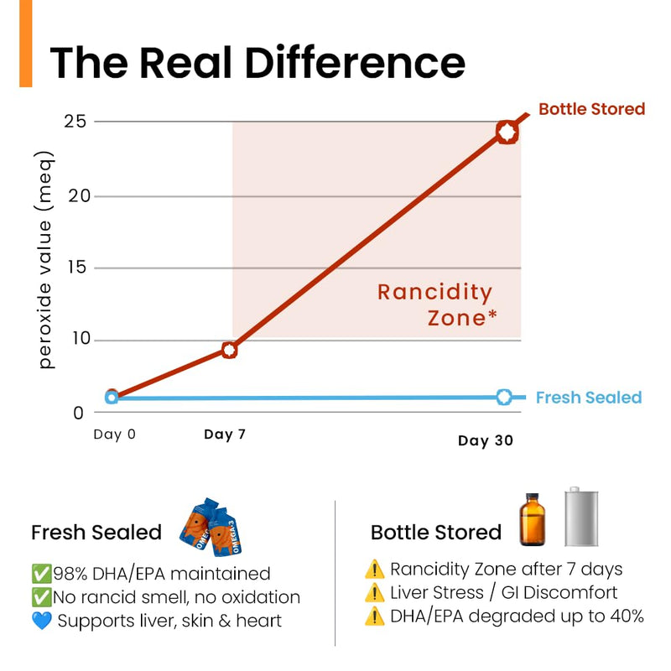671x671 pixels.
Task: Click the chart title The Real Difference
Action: tap(257, 62)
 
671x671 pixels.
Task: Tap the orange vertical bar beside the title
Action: tap(26, 44)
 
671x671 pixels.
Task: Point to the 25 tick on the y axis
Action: tap(75, 122)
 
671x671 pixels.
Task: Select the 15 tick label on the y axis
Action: tap(77, 268)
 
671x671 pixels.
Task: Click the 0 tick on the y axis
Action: tap(78, 414)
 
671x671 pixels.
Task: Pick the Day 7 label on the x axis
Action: tap(225, 434)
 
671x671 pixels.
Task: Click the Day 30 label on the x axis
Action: tap(486, 441)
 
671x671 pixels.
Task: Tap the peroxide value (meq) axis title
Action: tap(44, 260)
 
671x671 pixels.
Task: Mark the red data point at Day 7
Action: tap(229, 350)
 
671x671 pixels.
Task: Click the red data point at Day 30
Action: tap(507, 133)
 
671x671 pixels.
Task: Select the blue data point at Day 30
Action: tap(504, 397)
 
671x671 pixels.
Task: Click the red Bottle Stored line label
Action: tap(592, 109)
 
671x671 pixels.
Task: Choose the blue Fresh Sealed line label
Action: tap(589, 398)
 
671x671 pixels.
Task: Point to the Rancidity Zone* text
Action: tap(436, 304)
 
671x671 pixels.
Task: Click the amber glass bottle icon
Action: tap(533, 519)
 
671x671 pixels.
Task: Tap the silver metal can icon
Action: tap(581, 517)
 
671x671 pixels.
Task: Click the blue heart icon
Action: tap(41, 621)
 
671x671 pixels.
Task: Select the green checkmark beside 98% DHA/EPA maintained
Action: tap(41, 574)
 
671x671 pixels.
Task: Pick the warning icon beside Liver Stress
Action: tap(374, 593)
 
